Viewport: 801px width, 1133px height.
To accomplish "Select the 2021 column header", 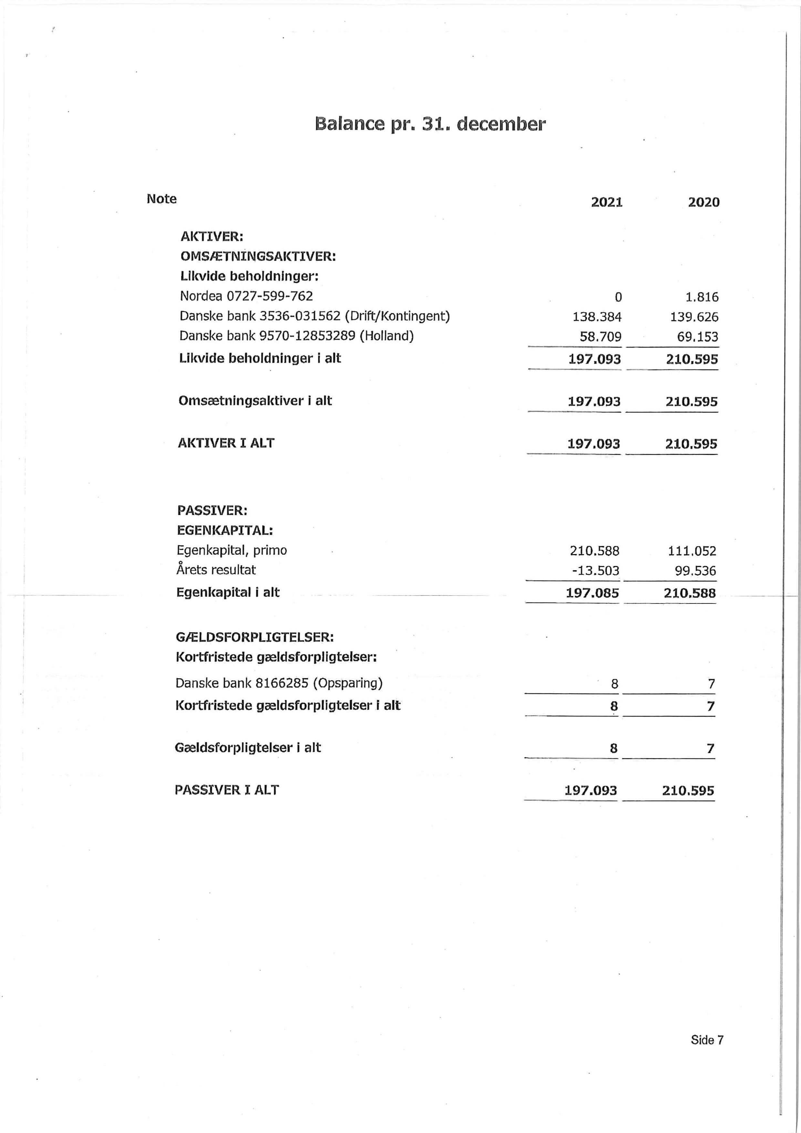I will click(607, 202).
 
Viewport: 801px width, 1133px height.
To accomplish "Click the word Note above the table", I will click(161, 199).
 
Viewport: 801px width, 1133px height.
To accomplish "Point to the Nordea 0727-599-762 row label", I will click(246, 296).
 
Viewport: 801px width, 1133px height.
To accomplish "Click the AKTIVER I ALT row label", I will click(226, 443).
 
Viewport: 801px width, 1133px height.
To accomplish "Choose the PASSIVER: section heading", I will click(212, 510).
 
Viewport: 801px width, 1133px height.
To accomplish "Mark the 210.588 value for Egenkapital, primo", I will click(594, 551).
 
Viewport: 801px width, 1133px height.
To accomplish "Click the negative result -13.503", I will click(595, 571).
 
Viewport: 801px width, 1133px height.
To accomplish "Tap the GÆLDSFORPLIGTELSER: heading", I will click(255, 637).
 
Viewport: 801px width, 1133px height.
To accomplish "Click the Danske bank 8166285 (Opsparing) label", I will click(279, 683).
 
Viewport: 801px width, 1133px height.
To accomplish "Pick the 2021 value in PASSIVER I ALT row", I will click(590, 790).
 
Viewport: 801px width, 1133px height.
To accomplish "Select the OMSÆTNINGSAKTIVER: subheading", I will click(258, 257).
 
